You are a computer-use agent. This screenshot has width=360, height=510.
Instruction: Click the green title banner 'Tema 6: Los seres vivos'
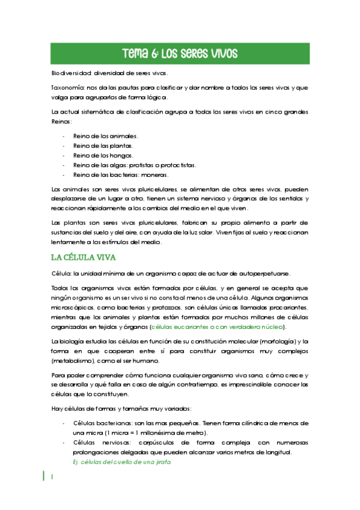[180, 53]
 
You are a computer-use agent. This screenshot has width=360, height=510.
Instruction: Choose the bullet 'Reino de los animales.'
[105, 136]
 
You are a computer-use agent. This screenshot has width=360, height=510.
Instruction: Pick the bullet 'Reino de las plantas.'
[103, 146]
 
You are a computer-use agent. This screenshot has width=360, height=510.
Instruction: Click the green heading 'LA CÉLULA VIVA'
[84, 257]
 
